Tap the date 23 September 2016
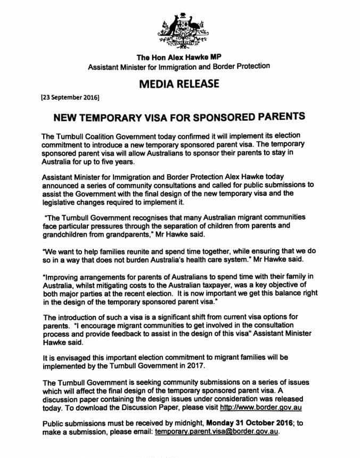[x=70, y=98]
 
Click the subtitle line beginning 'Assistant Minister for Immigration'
[x=179, y=67]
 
